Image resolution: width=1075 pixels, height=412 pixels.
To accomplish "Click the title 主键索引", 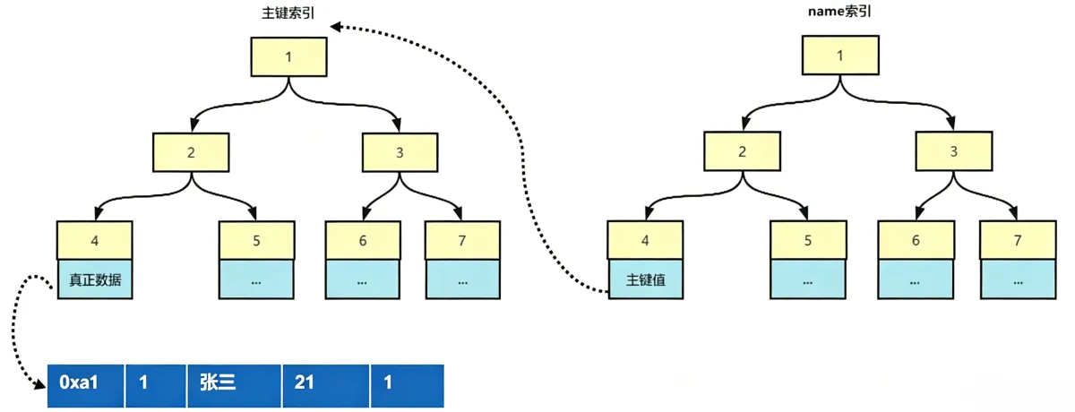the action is click(x=288, y=13).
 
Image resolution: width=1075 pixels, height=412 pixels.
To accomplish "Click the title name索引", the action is click(x=839, y=11).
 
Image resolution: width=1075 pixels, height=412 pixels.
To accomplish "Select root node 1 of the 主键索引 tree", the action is click(x=288, y=57).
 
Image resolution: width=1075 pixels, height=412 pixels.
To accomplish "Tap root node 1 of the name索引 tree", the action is click(x=840, y=56).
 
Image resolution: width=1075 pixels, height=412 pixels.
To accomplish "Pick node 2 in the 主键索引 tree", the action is click(x=191, y=152).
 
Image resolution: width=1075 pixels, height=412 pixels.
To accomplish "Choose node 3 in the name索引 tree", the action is click(x=954, y=151).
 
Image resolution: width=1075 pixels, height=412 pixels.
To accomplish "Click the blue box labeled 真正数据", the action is click(x=95, y=279).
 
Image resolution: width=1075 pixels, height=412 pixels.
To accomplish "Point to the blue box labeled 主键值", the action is click(x=646, y=279).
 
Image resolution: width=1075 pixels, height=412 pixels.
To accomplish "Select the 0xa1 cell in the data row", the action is click(x=85, y=386).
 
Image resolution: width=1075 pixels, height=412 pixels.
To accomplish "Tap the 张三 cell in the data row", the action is click(x=234, y=386).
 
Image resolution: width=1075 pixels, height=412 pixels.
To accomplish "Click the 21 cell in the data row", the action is click(x=326, y=386).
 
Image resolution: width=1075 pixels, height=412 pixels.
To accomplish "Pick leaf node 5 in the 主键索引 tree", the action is click(x=257, y=240).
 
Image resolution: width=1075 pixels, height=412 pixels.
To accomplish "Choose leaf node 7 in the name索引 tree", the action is click(x=1018, y=240).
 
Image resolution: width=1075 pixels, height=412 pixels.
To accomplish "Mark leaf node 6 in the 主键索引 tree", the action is click(x=363, y=240).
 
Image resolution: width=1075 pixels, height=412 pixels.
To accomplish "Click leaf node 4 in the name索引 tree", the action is click(x=646, y=240).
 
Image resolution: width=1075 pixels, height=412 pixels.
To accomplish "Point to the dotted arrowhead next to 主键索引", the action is click(x=336, y=27).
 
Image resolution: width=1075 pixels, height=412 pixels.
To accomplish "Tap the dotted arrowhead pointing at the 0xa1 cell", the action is click(x=41, y=383).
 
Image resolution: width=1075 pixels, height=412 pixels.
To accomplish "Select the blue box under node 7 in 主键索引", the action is click(x=463, y=279).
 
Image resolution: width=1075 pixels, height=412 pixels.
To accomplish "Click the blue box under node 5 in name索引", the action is click(x=808, y=279).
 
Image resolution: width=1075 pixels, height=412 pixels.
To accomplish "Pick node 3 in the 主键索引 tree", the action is click(x=400, y=152).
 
